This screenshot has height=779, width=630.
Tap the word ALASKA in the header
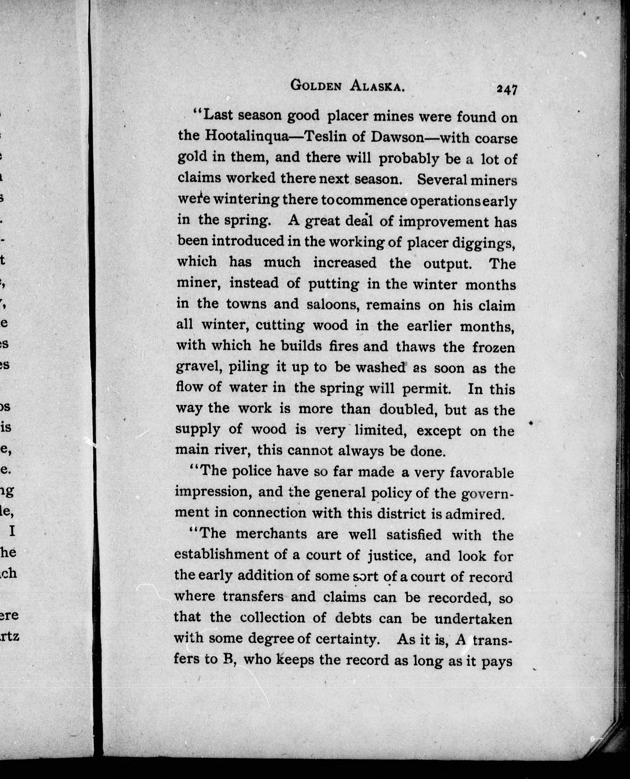[377, 86]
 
